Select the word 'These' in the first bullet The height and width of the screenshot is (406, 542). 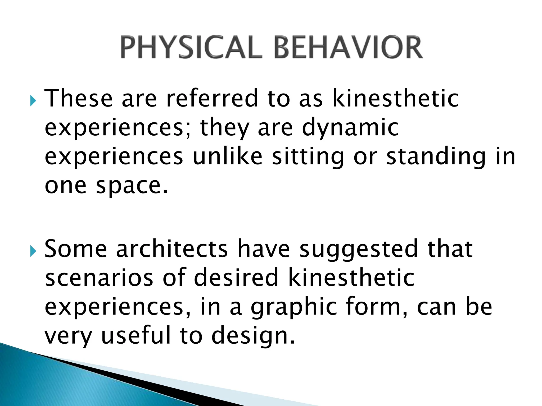coord(78,98)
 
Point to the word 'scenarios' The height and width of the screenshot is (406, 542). coord(99,278)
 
